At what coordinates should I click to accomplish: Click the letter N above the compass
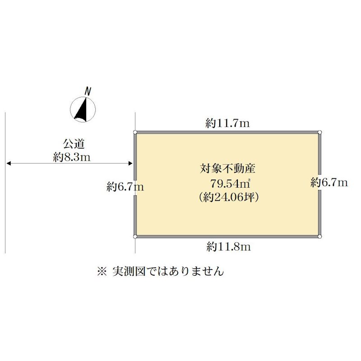[88, 91]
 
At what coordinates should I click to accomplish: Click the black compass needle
[82, 111]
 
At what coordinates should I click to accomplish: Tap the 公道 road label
[74, 144]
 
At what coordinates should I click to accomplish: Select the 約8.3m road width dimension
[72, 157]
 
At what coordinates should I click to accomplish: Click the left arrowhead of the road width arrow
[9, 163]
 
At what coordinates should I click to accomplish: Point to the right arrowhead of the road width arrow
[130, 163]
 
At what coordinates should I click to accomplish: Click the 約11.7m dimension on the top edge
[227, 123]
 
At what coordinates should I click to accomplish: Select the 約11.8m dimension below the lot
[228, 246]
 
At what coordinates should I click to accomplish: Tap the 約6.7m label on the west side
[125, 186]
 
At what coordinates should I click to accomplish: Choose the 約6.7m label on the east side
[329, 183]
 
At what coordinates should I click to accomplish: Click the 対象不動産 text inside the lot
[227, 168]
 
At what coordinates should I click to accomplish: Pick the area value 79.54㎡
[230, 184]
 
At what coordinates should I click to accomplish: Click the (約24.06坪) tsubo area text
[229, 197]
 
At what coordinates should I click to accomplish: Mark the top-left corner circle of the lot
[135, 132]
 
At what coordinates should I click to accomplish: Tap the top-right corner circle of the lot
[320, 132]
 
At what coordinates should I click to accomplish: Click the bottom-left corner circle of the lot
[135, 236]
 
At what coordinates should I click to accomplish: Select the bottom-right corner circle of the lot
[320, 236]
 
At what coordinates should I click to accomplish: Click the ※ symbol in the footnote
[102, 272]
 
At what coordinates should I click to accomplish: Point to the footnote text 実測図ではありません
[168, 272]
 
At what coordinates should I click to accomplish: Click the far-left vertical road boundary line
[5, 183]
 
